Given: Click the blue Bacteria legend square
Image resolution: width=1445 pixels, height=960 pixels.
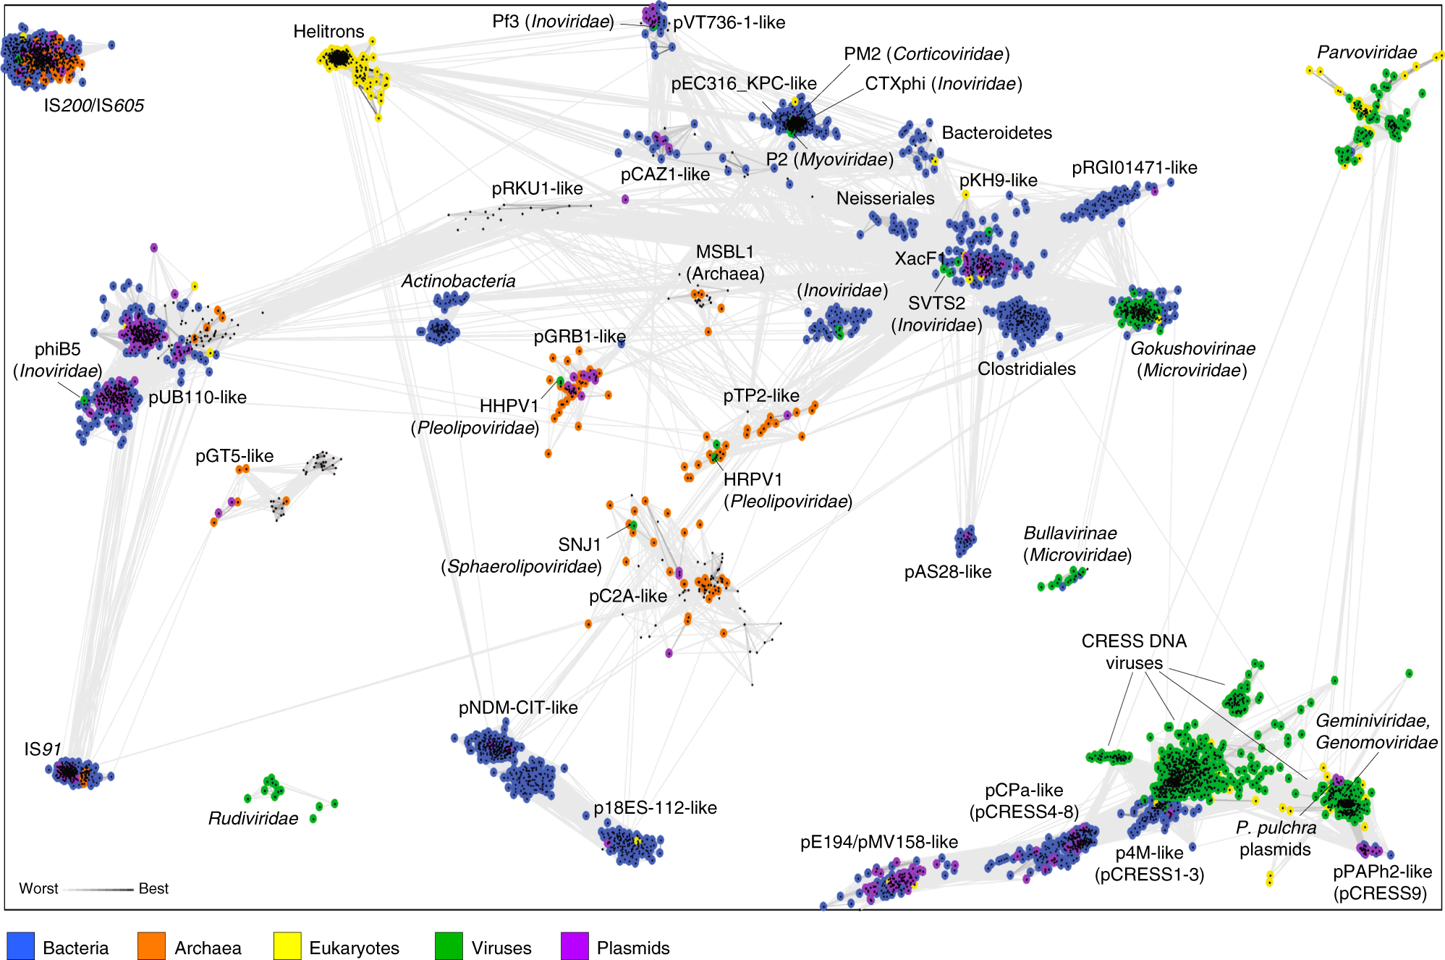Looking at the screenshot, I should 20,946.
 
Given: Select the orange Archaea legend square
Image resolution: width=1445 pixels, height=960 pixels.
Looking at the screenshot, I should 151,946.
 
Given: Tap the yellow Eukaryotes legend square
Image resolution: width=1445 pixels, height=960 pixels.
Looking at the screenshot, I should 287,946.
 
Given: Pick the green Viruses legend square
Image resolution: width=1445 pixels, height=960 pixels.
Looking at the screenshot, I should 449,946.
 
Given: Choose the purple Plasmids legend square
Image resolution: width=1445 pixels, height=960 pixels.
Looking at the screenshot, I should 575,946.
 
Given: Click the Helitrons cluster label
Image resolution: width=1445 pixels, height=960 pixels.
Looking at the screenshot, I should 329,32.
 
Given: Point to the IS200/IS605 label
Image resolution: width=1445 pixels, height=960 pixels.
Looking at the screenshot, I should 93,106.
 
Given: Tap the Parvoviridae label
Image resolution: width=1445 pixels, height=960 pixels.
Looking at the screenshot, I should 1366,52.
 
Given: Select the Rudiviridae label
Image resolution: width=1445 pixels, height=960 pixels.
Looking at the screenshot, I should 253,818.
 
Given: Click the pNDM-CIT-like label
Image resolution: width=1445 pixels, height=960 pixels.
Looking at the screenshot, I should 518,707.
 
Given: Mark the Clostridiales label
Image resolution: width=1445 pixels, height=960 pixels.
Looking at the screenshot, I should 1026,369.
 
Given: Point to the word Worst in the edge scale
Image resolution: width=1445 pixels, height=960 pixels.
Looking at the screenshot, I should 38,888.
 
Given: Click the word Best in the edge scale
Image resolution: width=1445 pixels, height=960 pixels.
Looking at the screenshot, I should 153,888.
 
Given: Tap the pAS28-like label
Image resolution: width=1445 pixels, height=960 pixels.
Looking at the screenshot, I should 947,572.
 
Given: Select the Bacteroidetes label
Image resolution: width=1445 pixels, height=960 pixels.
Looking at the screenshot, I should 996,133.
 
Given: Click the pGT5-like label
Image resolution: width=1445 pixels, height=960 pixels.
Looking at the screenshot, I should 234,456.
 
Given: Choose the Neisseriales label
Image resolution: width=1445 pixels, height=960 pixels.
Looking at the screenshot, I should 885,198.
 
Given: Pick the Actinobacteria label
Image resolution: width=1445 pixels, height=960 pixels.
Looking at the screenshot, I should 458,281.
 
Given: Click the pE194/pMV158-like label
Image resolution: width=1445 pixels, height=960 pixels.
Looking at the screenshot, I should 878,842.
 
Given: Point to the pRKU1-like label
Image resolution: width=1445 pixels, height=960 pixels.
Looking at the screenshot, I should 537,189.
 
